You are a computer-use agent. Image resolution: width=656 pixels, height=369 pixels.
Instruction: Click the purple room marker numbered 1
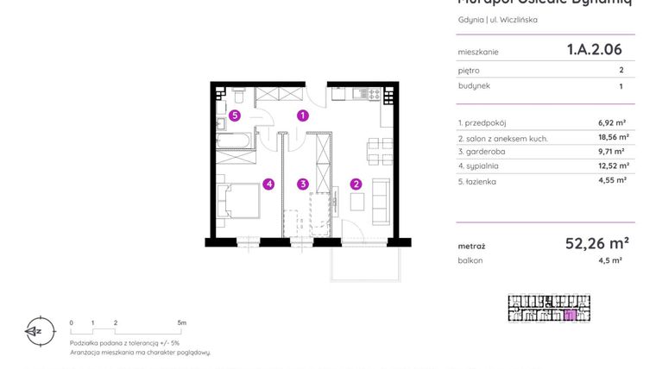click(x=303, y=115)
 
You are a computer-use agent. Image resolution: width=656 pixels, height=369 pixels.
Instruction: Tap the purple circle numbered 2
click(x=356, y=184)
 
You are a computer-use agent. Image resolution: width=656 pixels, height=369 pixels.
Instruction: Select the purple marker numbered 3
click(x=303, y=184)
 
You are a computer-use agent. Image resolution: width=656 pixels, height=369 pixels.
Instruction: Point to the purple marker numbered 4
click(x=269, y=184)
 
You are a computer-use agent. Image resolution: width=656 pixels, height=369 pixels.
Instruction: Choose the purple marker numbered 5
click(x=234, y=115)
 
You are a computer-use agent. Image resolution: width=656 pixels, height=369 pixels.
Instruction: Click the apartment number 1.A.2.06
click(x=594, y=50)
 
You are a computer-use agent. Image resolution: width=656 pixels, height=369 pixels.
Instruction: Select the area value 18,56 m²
click(x=613, y=137)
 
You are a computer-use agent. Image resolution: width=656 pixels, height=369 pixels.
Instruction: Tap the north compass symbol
click(x=35, y=329)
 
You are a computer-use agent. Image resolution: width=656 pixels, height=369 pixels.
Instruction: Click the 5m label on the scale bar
click(x=181, y=322)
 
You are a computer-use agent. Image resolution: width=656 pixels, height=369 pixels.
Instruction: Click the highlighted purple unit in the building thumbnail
click(x=568, y=316)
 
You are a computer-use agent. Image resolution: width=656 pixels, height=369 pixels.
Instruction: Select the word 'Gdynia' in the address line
click(x=470, y=20)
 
